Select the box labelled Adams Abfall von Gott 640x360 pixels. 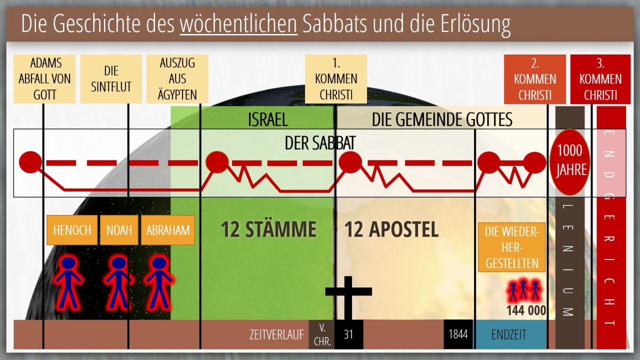[44, 79]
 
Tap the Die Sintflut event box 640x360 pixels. [111, 79]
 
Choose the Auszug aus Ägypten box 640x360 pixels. [177, 79]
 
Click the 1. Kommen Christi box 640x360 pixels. [336, 79]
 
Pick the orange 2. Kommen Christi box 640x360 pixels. [535, 79]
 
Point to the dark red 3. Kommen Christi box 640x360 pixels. [600, 79]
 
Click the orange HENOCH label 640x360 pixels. [72, 230]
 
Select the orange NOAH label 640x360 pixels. [119, 230]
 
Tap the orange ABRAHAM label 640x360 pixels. [168, 230]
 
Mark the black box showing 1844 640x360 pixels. [458, 334]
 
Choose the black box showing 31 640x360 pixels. [349, 334]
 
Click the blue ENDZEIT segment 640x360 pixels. [510, 334]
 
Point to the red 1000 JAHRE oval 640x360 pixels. [569, 162]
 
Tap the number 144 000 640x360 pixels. [526, 310]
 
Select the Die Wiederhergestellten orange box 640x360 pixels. [512, 247]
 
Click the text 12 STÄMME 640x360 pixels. [269, 229]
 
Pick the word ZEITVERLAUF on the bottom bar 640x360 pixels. [276, 335]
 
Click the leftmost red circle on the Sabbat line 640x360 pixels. [30, 162]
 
